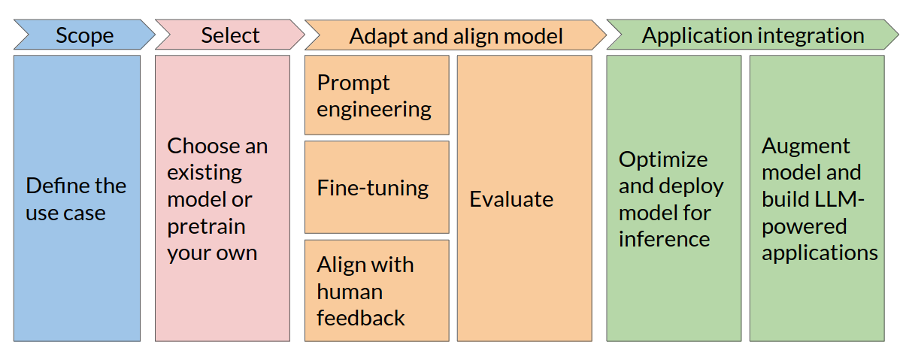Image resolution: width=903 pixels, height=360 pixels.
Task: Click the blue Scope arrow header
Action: point(84,35)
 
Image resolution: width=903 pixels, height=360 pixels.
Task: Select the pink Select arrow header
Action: point(230,35)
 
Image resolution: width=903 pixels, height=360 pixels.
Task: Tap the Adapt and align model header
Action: point(456,36)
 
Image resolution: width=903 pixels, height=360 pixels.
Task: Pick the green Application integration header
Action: point(753,35)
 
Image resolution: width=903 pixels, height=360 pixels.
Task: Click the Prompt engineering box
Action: point(376,95)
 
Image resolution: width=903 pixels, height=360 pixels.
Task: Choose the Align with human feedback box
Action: point(376,291)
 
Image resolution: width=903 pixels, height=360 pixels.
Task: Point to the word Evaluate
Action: point(511,199)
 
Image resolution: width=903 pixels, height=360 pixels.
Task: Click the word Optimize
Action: point(663,159)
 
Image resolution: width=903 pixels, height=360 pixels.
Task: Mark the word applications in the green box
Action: point(820,253)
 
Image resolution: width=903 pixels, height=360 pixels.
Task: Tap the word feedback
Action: point(361,318)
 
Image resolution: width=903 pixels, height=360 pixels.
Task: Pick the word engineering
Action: point(374,110)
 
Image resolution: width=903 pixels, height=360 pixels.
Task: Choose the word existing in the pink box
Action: point(205,172)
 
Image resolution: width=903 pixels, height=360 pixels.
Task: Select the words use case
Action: point(65,213)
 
